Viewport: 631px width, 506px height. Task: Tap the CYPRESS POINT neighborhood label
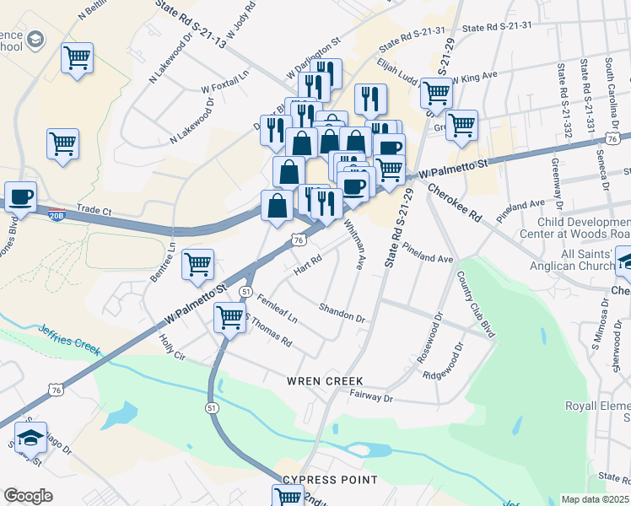330,480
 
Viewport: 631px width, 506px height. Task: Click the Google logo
28,496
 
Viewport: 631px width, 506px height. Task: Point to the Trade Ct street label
94,207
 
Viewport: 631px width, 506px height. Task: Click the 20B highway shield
57,215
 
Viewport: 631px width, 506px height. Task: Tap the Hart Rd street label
308,265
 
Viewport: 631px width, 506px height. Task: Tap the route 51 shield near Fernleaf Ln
245,291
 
